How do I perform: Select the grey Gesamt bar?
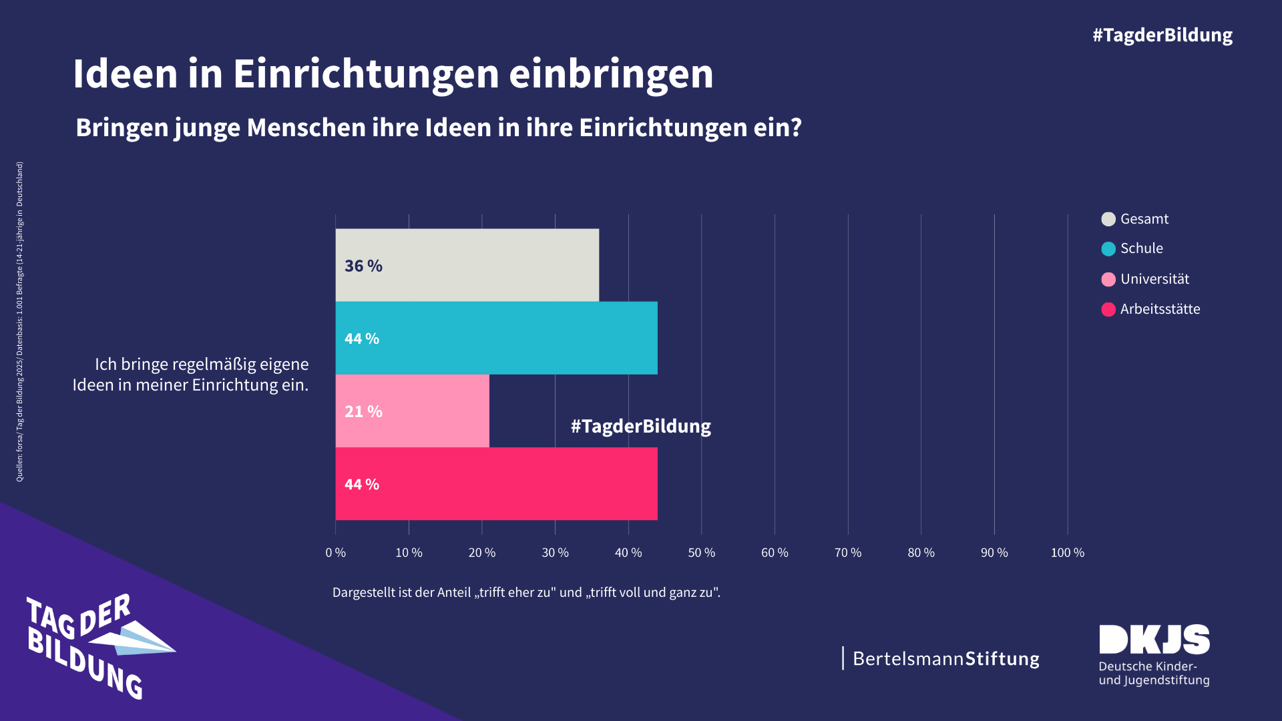(467, 265)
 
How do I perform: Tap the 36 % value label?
(363, 266)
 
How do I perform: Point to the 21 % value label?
(363, 411)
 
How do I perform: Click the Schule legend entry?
(1141, 248)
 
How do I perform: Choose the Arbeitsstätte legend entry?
(1160, 309)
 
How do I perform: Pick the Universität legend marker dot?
(1108, 279)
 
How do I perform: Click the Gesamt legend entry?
(1144, 219)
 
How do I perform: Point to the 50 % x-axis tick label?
(701, 553)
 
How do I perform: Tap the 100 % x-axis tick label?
(1067, 553)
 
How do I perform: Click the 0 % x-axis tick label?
(335, 553)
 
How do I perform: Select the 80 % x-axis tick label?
(921, 553)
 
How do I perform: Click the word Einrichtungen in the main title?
(366, 73)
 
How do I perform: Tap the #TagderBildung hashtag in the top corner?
(1162, 35)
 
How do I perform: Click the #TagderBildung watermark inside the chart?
(640, 426)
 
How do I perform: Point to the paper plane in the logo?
(137, 639)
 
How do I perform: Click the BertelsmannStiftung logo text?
(945, 659)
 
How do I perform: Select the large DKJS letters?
(1154, 640)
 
